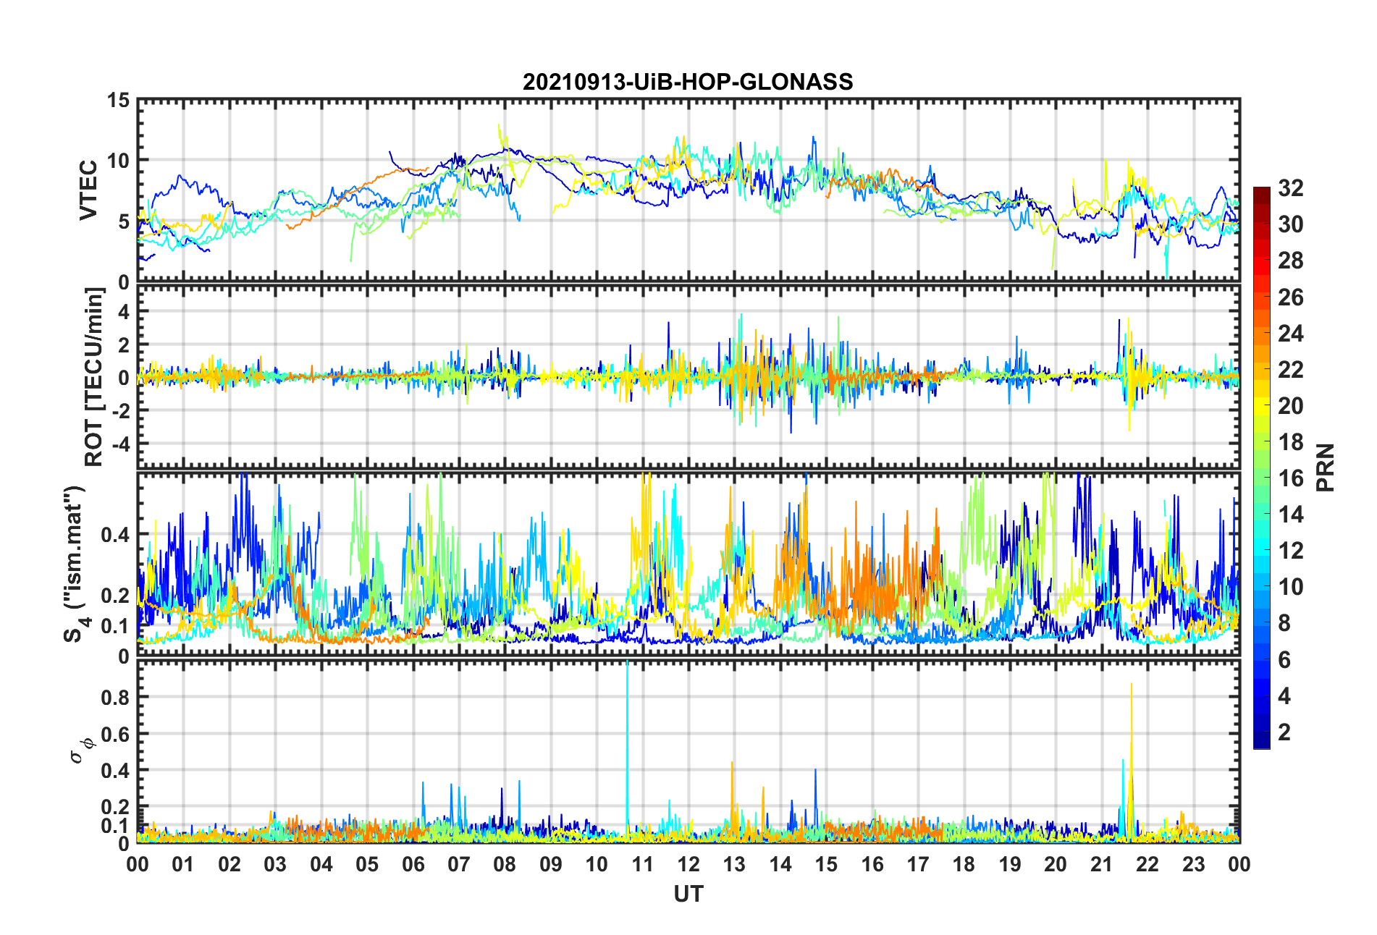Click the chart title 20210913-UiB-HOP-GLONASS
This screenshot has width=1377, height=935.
tap(688, 82)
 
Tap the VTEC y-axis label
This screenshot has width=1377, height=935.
tap(88, 190)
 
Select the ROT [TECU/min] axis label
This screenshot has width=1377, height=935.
tap(94, 376)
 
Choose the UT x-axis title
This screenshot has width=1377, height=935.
tap(688, 894)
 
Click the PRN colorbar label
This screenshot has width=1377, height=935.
tap(1325, 467)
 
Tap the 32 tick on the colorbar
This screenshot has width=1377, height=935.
tap(1290, 188)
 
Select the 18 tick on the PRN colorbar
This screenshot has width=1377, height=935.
tap(1290, 442)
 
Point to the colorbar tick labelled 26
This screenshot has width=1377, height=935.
tap(1290, 297)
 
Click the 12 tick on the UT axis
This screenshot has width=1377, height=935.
tap(688, 865)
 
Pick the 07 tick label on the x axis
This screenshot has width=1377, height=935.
tap(459, 865)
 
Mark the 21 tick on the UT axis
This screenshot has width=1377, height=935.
tap(1101, 865)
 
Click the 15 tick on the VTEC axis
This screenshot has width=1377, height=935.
tap(118, 101)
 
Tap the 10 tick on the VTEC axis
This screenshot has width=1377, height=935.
tap(118, 161)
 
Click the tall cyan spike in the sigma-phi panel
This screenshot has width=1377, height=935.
tap(627, 724)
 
